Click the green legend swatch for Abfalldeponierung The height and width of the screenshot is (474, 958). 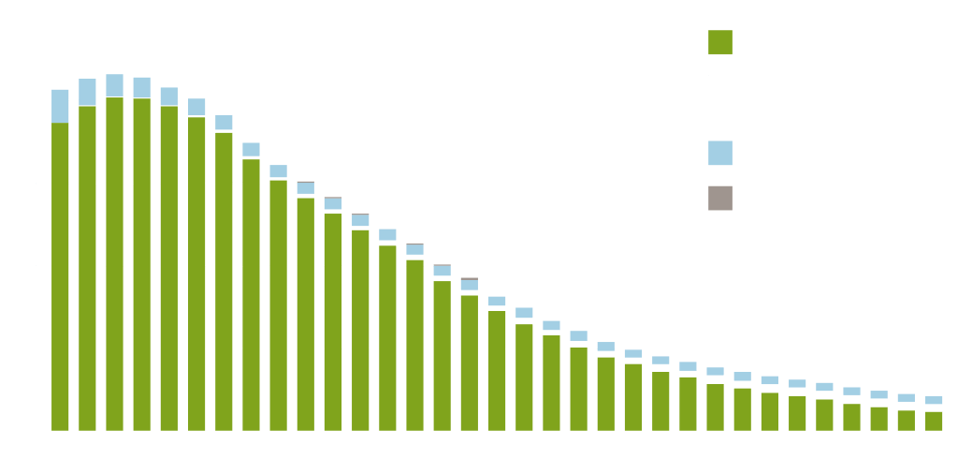(720, 42)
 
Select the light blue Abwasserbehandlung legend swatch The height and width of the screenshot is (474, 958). (720, 152)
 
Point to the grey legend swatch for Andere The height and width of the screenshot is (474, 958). (720, 198)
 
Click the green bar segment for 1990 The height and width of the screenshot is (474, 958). (61, 276)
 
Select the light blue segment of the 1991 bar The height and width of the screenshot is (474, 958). (88, 92)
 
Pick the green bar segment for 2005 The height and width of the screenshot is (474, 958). (471, 363)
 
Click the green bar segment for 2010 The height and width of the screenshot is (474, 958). (606, 393)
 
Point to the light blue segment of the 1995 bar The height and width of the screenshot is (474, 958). (197, 107)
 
